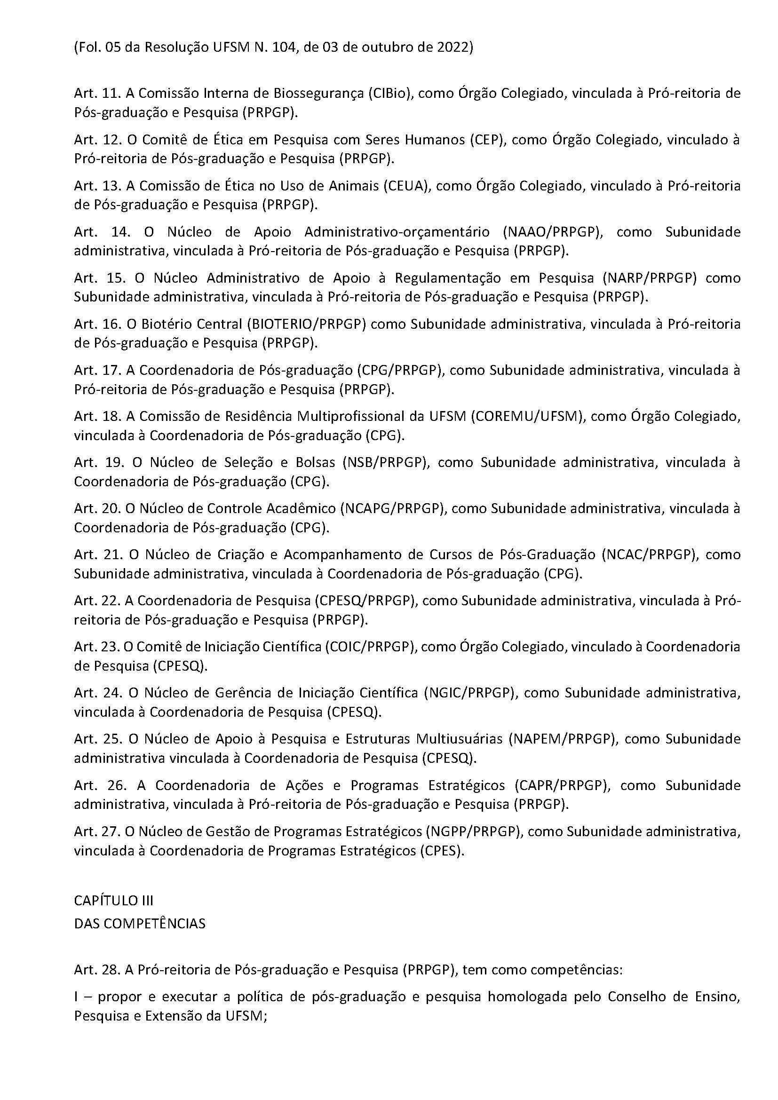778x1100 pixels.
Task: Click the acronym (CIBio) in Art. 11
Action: pyautogui.click(x=390, y=93)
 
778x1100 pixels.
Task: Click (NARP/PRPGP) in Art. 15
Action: pyautogui.click(x=650, y=278)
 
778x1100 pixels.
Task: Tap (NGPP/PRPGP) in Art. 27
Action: pyautogui.click(x=472, y=831)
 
